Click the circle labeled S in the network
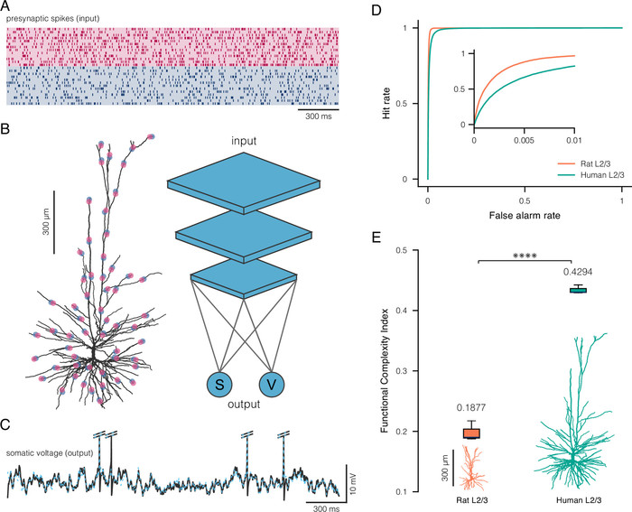click(x=219, y=384)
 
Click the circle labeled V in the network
click(x=272, y=384)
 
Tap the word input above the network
click(x=244, y=141)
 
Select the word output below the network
click(x=244, y=404)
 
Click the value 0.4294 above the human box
click(x=578, y=272)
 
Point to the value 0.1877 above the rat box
click(x=471, y=408)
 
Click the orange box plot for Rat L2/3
click(x=471, y=433)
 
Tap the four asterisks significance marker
click(x=525, y=256)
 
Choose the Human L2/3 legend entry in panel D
click(x=590, y=175)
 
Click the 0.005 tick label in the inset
click(x=524, y=140)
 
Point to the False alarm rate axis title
click(x=525, y=215)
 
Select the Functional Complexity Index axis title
click(x=385, y=370)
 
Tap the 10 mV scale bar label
click(x=354, y=481)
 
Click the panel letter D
click(x=376, y=10)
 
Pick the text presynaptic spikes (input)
click(x=52, y=19)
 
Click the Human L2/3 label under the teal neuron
click(x=579, y=500)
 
